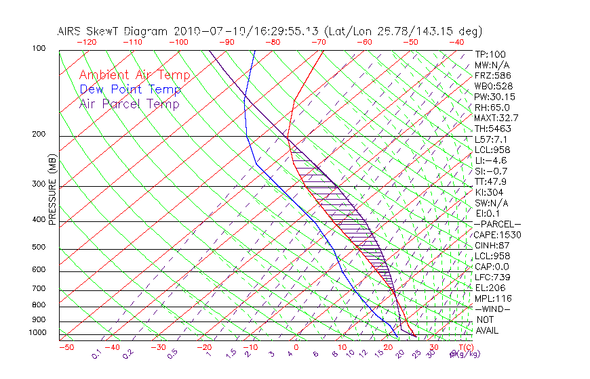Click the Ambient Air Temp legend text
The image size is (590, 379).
pos(134,75)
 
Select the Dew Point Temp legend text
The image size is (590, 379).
pos(130,89)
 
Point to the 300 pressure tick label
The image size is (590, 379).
pos(39,183)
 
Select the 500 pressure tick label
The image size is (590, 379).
pos(39,247)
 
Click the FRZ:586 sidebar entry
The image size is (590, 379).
pos(492,75)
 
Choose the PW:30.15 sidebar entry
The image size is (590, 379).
pos(494,97)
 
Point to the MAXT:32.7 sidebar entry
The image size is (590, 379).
pos(496,118)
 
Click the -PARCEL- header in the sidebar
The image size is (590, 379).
pos(497,224)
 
